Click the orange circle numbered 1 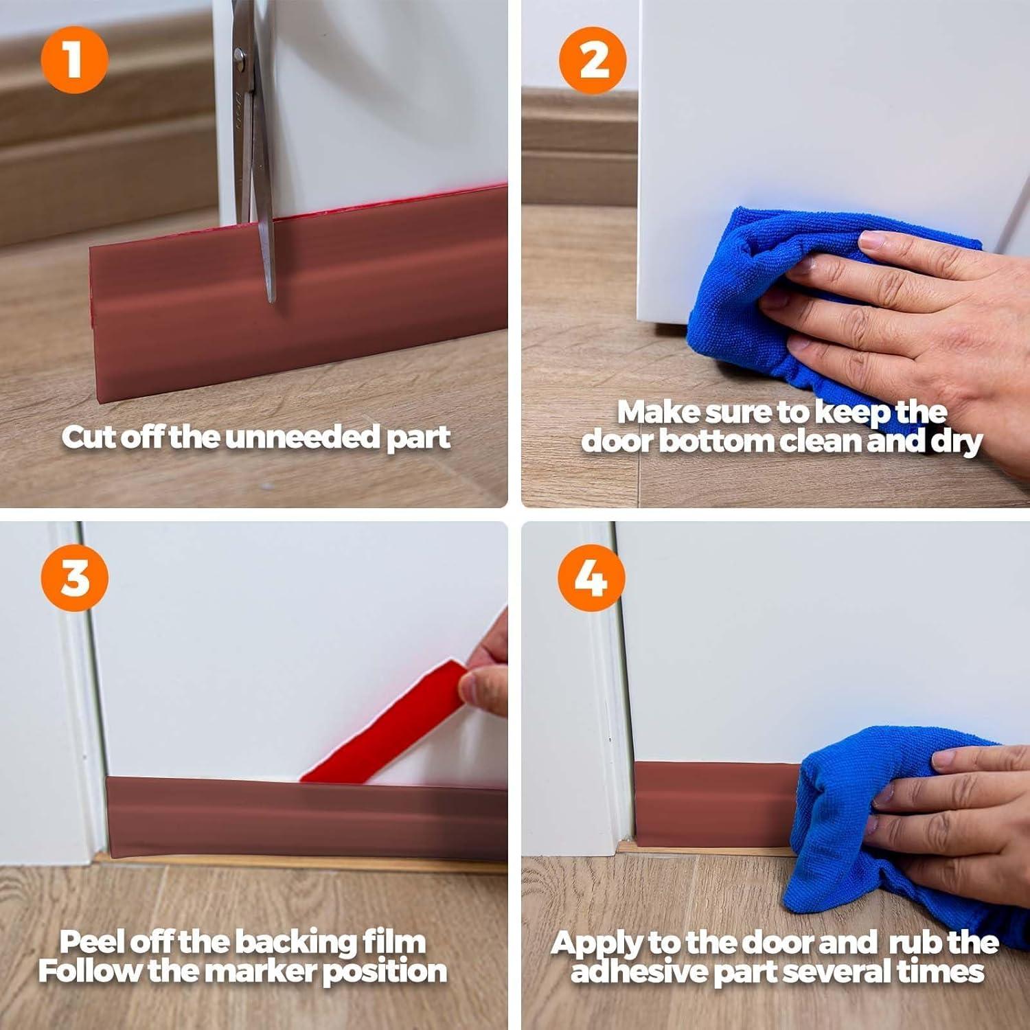point(74,60)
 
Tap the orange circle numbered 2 point(593,60)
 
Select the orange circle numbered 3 point(74,577)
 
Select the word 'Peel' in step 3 point(92,942)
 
